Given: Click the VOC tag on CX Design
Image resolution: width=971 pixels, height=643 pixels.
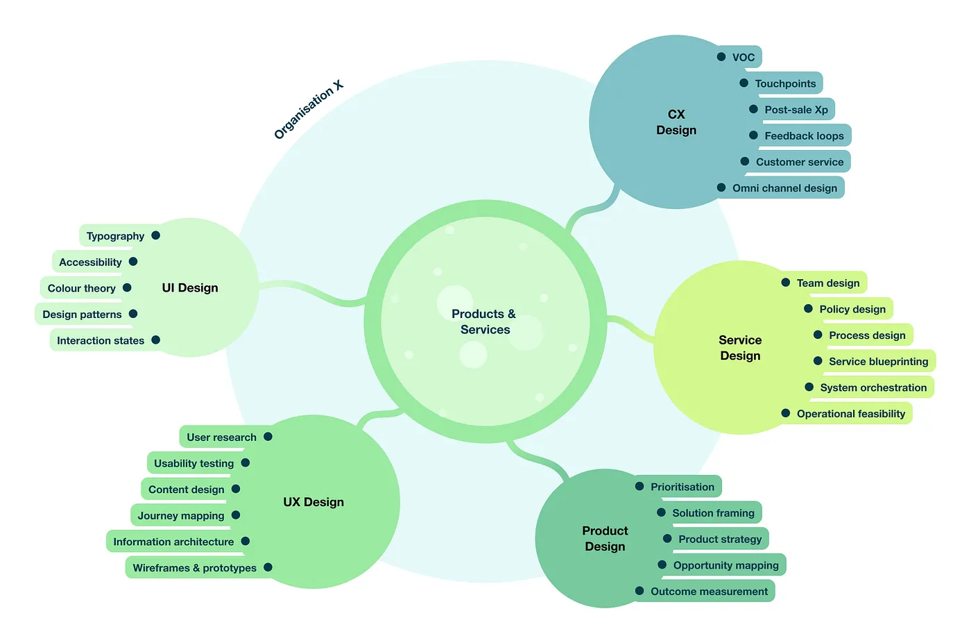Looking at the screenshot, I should [x=744, y=58].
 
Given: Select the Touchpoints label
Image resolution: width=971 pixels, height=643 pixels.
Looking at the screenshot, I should [x=785, y=84].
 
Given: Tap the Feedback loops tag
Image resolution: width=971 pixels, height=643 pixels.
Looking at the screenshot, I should [x=804, y=136].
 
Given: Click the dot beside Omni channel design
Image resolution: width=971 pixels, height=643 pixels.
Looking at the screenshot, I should [x=721, y=187].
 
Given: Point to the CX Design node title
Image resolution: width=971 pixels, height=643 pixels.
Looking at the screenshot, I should [x=676, y=122].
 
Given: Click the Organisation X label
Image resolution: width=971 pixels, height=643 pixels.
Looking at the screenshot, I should [x=309, y=110].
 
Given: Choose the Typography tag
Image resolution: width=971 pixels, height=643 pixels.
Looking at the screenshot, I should [x=115, y=236].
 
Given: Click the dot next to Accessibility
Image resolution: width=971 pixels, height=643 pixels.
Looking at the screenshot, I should [x=133, y=262].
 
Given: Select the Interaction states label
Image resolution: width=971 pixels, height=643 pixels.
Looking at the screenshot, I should [x=101, y=341].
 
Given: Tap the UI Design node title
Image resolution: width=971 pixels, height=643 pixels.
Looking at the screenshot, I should [x=190, y=288].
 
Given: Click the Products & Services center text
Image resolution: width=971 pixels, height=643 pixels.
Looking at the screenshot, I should [x=484, y=322].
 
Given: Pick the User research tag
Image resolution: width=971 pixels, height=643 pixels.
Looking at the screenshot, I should [x=221, y=437].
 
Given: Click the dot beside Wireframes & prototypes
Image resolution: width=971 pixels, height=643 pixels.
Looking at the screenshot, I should [x=268, y=567].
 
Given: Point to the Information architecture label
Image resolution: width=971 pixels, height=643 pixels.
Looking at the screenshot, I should [x=173, y=542].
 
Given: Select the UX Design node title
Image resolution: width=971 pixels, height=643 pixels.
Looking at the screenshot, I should [x=313, y=502].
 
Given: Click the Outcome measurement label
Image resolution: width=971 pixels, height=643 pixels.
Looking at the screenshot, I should [x=709, y=592].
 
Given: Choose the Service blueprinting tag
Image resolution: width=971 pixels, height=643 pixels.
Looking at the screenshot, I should [x=878, y=362].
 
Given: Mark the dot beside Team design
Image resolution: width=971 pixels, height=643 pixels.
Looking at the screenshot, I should [x=786, y=283].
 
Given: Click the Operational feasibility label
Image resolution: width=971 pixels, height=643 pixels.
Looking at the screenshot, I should [x=851, y=414].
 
